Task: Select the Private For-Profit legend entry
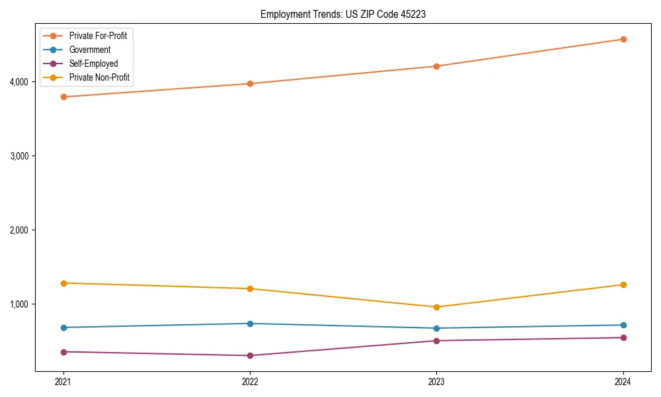tap(98, 36)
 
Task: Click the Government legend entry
tap(89, 50)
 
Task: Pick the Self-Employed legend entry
tap(93, 64)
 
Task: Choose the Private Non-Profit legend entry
tap(99, 77)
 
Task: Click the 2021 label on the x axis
tap(63, 382)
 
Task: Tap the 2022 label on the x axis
tap(250, 382)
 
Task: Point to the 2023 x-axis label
tap(436, 382)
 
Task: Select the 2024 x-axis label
tap(623, 382)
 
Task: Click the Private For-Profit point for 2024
tap(623, 39)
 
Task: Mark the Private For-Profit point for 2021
tap(63, 97)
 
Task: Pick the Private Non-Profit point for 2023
tap(436, 307)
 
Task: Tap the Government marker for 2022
tap(250, 324)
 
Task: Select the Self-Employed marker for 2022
tap(250, 355)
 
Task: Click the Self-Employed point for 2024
tap(623, 337)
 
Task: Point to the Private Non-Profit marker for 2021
tap(63, 283)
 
